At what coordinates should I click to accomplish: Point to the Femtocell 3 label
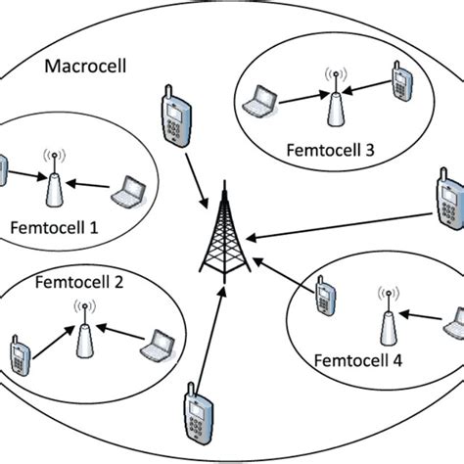pos(329,151)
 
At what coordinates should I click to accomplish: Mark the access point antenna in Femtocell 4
pos(385,313)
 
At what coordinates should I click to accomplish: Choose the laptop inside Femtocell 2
pos(158,345)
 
